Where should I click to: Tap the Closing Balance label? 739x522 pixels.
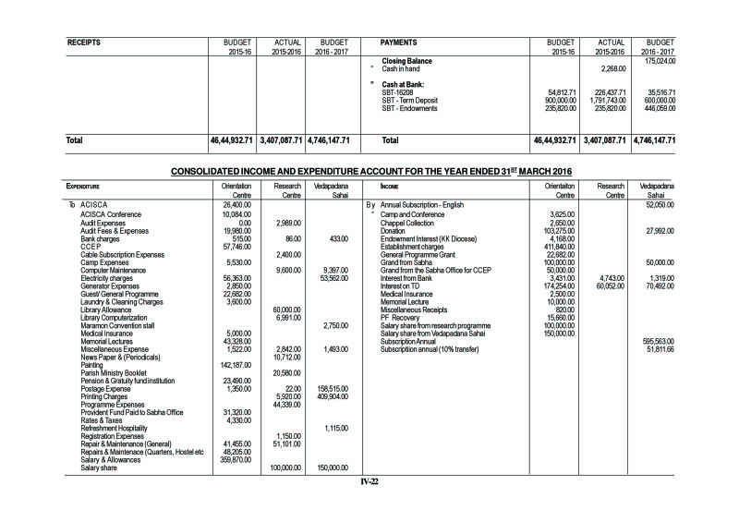(x=408, y=61)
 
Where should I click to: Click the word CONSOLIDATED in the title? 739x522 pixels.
(x=220, y=172)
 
